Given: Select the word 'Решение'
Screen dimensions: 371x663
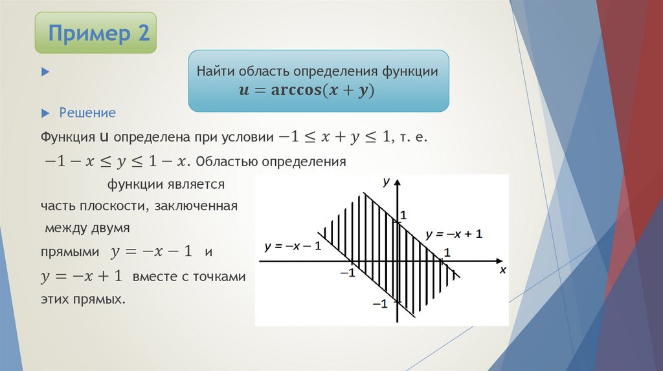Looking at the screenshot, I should (87, 113).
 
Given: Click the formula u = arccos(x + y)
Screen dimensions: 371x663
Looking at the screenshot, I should (307, 90).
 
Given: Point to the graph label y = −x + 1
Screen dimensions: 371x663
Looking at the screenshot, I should (454, 234).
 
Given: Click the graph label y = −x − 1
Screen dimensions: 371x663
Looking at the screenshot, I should (293, 246).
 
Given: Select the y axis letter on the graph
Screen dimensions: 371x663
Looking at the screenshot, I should (386, 182).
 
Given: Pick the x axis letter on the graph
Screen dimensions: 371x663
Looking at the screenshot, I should (502, 271).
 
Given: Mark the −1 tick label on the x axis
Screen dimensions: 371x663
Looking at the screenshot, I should (348, 273).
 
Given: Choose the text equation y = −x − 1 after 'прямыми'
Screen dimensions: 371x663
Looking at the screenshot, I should (152, 251).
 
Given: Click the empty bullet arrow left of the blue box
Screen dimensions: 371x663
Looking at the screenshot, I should (45, 71).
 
